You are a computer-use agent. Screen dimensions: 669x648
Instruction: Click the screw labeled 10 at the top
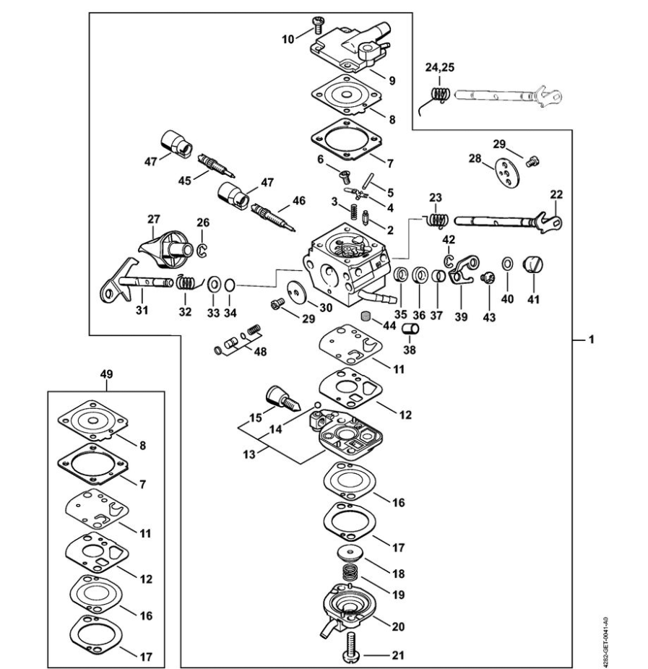pyautogui.click(x=316, y=27)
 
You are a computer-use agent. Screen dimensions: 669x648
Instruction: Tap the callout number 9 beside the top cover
pyautogui.click(x=391, y=80)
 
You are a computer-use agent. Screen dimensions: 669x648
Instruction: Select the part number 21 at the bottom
pyautogui.click(x=399, y=656)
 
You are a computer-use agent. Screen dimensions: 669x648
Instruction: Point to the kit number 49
pyautogui.click(x=106, y=374)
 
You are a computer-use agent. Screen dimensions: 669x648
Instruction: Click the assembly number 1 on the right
pyautogui.click(x=592, y=338)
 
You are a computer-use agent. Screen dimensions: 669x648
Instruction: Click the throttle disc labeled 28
pyautogui.click(x=501, y=173)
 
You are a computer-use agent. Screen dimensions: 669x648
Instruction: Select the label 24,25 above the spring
pyautogui.click(x=439, y=67)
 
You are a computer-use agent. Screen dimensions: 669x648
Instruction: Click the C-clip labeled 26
pyautogui.click(x=204, y=251)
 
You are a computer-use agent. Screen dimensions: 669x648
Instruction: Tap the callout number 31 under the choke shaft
pyautogui.click(x=142, y=310)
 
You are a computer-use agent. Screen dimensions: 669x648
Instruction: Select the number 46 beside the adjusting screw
pyautogui.click(x=298, y=200)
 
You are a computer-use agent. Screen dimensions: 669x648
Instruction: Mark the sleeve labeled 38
pyautogui.click(x=410, y=330)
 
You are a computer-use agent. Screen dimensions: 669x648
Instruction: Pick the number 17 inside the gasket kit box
pyautogui.click(x=146, y=657)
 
